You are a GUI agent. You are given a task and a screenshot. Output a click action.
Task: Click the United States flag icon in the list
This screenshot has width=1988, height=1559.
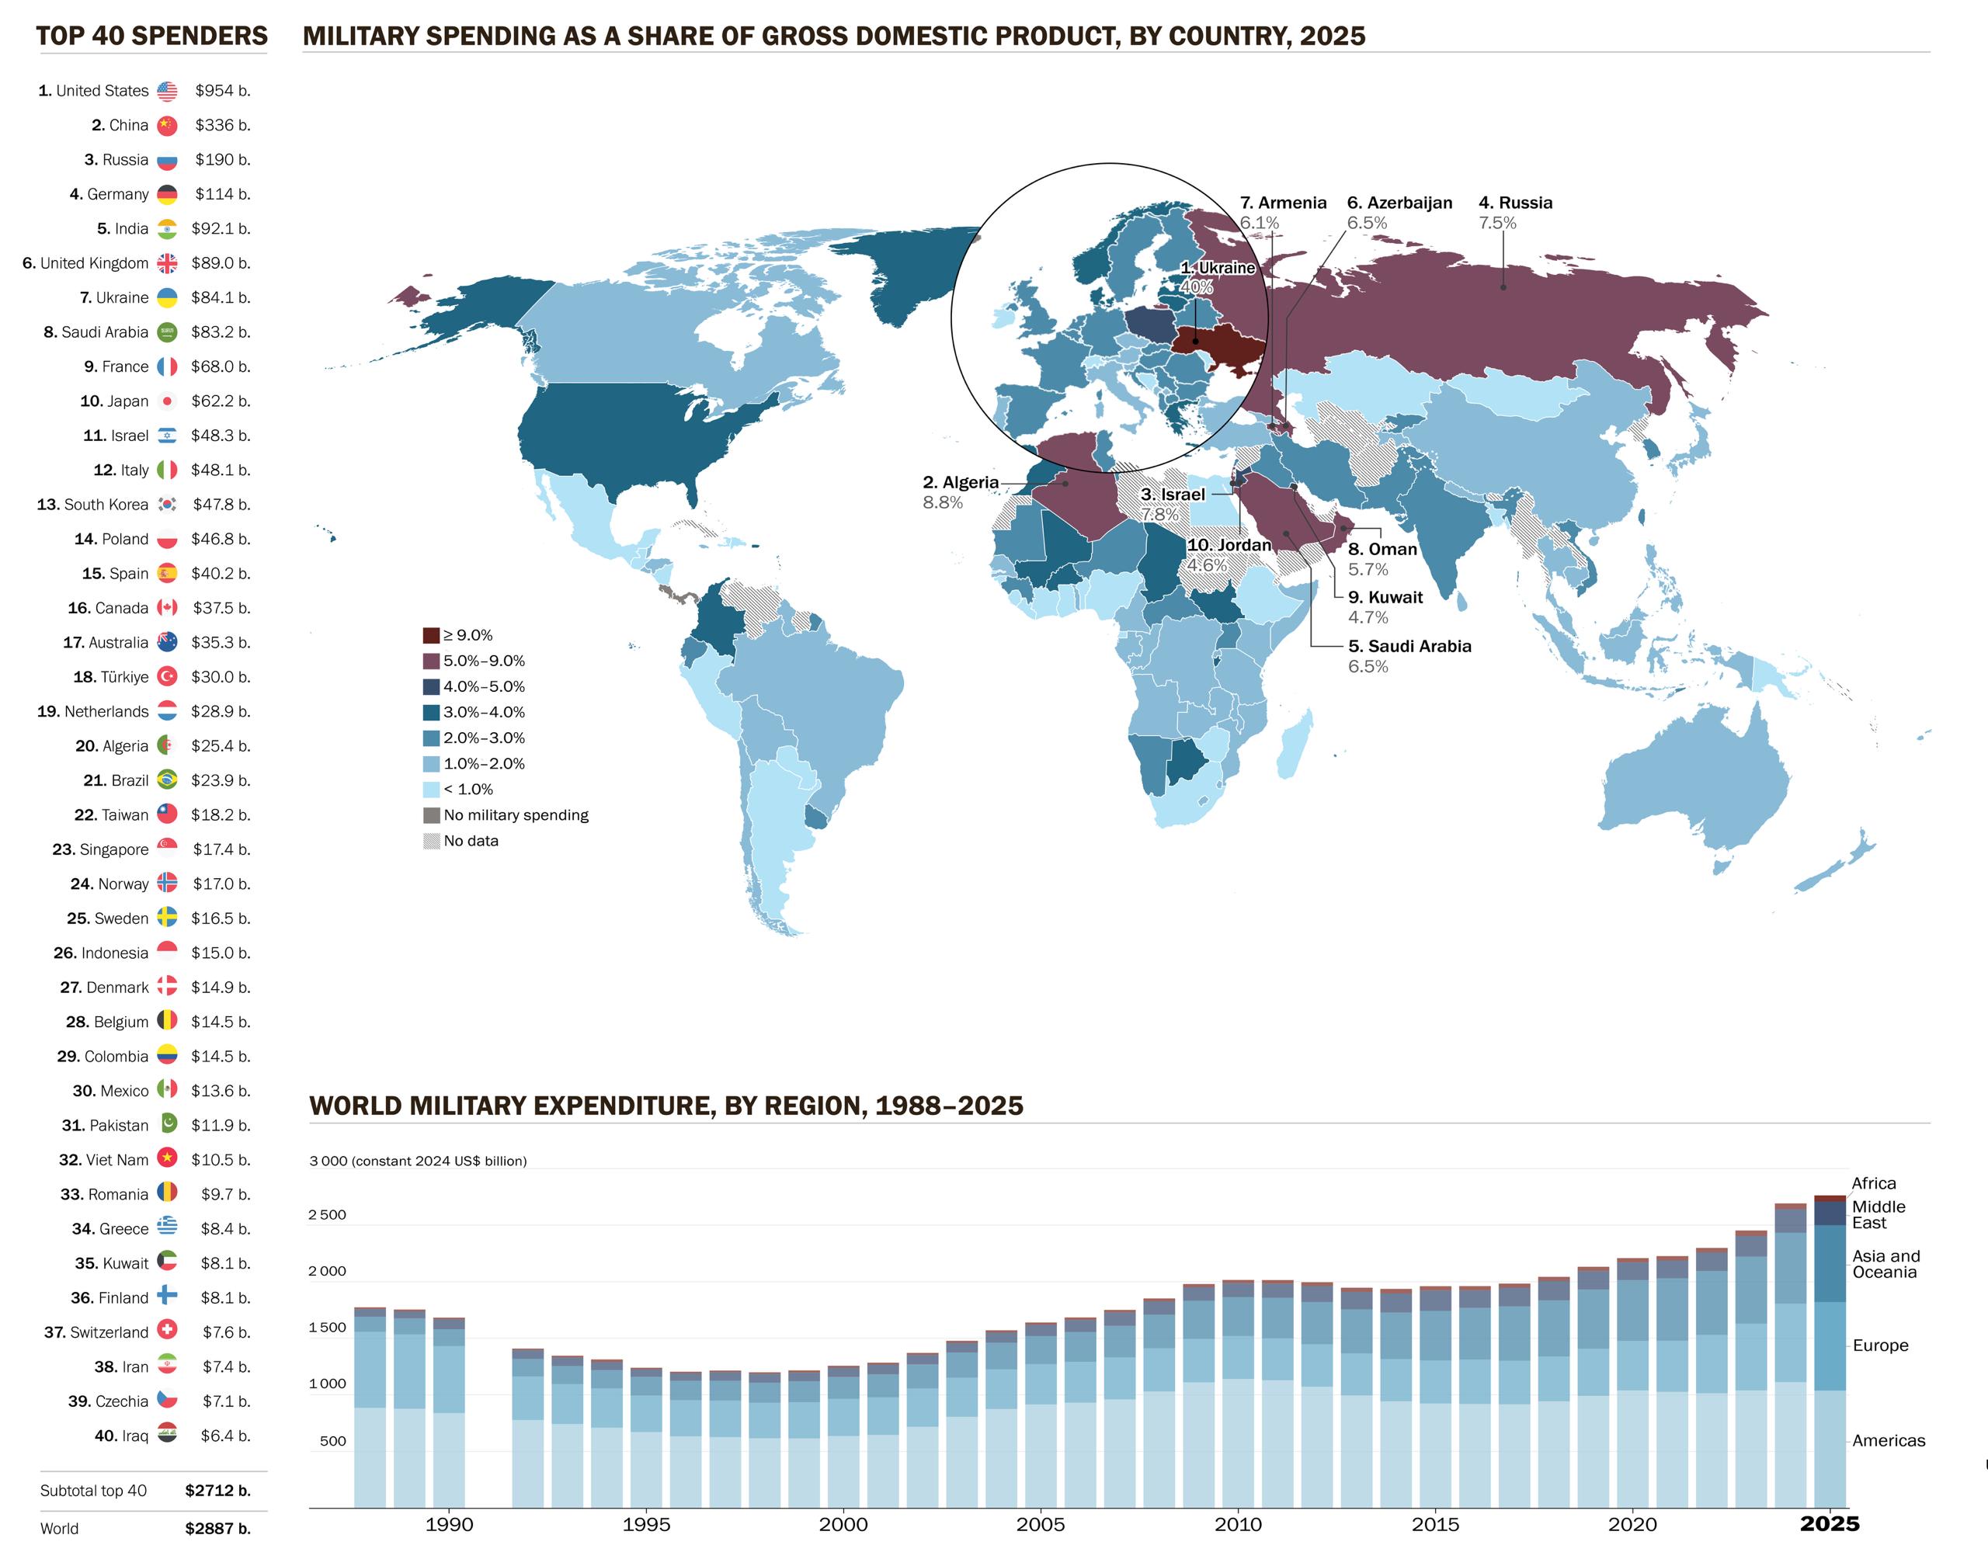(x=167, y=92)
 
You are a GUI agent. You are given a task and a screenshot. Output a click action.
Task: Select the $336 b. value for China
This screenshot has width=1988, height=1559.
(x=222, y=125)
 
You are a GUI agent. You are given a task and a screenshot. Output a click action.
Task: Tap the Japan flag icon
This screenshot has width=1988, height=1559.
(x=167, y=401)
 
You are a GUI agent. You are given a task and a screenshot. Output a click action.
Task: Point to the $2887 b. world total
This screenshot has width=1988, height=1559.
(x=217, y=1528)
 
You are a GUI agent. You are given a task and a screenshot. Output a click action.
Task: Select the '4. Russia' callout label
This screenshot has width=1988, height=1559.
(x=1515, y=203)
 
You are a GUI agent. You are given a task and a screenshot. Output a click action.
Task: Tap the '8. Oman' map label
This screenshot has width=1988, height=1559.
(x=1382, y=550)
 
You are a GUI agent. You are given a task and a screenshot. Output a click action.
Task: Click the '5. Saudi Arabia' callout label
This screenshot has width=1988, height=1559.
(x=1409, y=646)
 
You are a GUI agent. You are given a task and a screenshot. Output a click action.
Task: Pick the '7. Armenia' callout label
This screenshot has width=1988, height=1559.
(x=1282, y=203)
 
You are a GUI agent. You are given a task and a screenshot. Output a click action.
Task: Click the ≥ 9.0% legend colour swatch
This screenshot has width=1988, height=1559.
(x=431, y=635)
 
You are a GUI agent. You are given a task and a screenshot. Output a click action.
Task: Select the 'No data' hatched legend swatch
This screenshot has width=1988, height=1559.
(x=431, y=841)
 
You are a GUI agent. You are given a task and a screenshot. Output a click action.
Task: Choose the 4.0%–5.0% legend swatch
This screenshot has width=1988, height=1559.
(x=431, y=686)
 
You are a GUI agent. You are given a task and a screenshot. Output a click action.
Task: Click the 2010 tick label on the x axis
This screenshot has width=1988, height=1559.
(x=1238, y=1523)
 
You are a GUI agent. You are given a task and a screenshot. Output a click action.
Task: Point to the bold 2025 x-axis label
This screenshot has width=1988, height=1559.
(x=1829, y=1523)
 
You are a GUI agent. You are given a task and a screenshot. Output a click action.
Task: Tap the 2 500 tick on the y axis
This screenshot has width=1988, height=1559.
(x=328, y=1215)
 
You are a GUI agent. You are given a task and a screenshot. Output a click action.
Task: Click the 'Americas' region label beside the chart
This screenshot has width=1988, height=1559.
(x=1888, y=1440)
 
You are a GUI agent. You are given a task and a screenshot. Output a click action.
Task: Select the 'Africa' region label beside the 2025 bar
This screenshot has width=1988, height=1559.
(x=1873, y=1183)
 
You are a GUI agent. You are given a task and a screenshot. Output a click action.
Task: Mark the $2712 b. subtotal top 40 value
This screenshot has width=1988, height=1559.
(x=217, y=1491)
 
